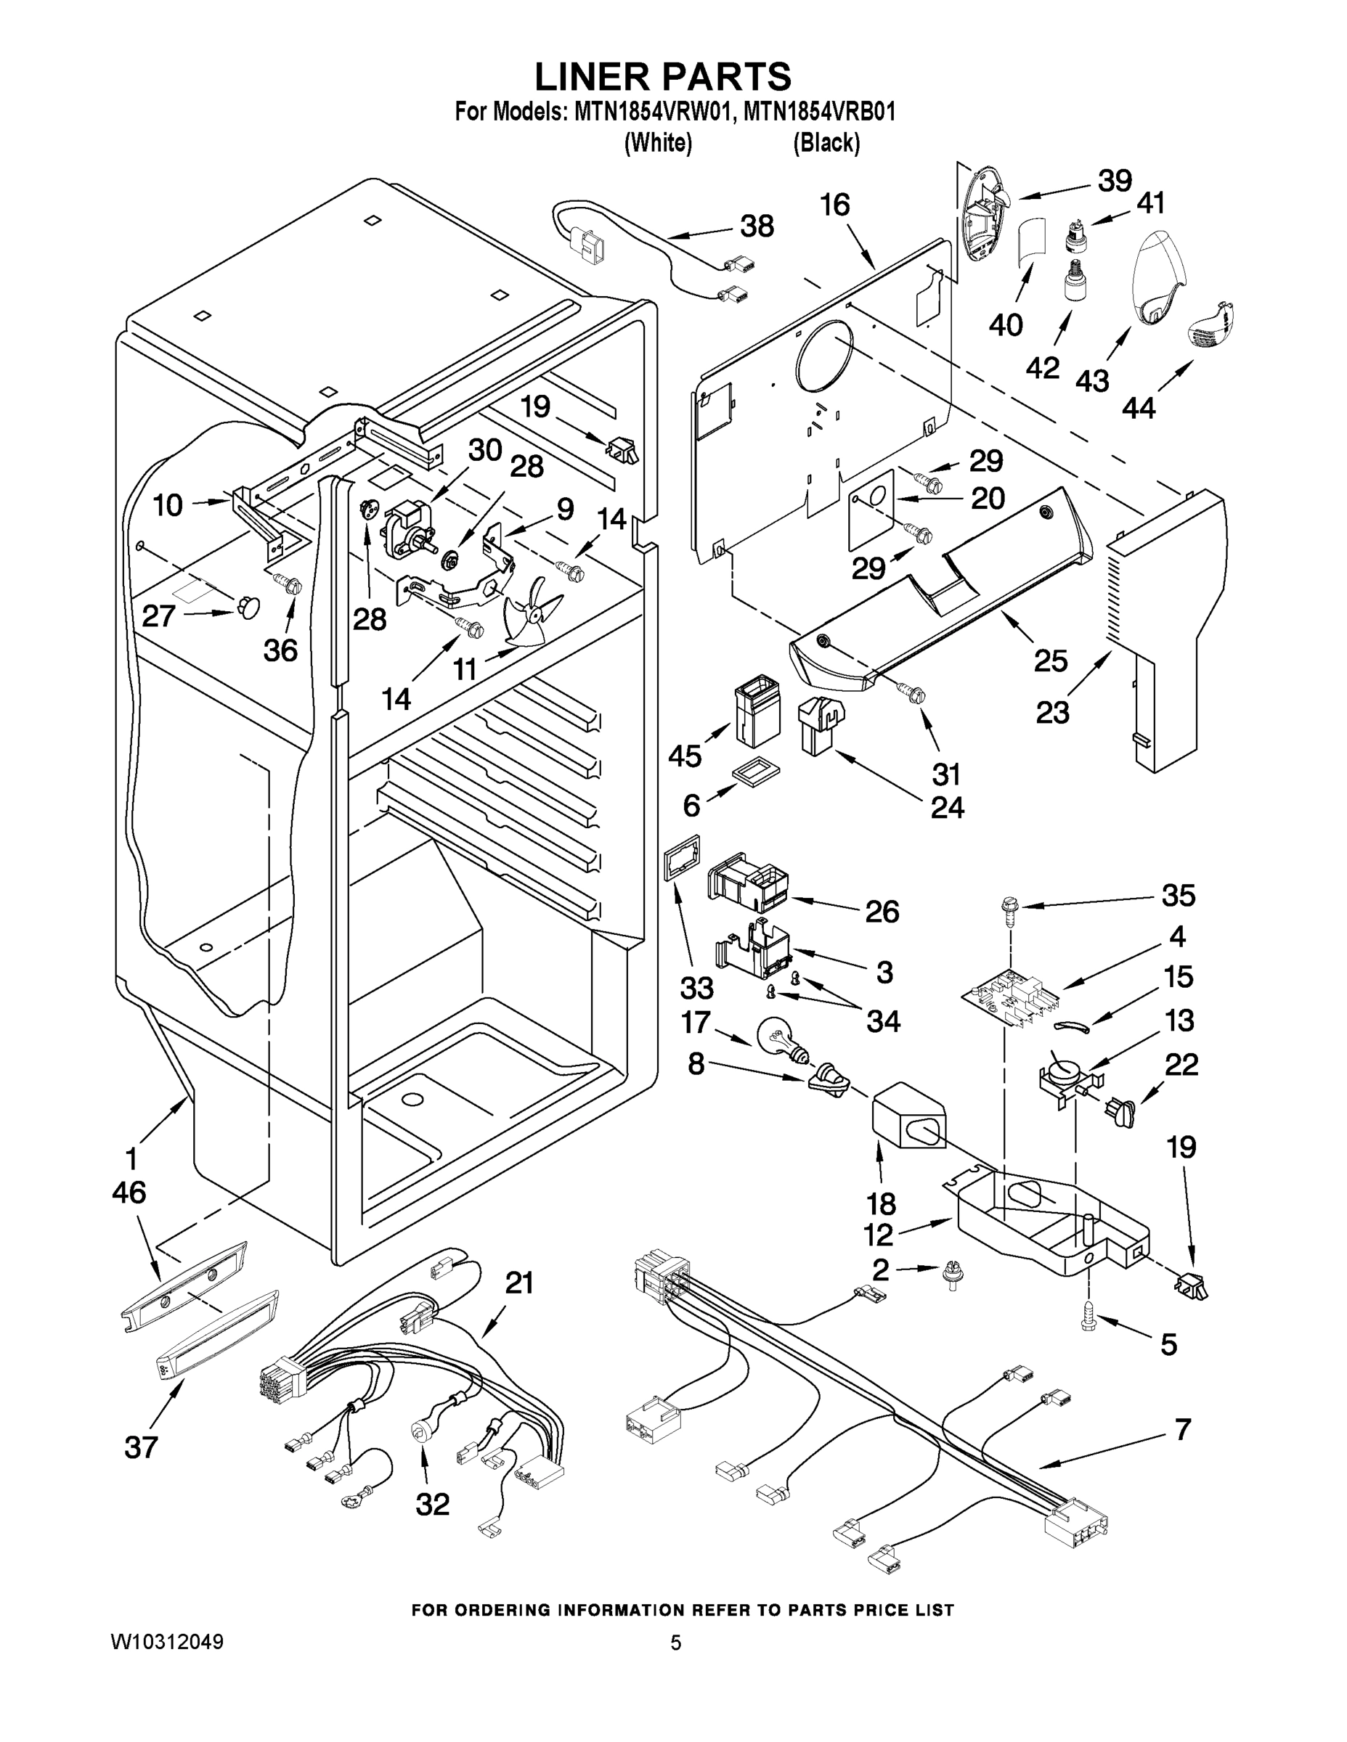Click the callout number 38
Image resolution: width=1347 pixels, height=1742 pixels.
pos(757,226)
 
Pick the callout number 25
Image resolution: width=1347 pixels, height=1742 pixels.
pos(1050,661)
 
